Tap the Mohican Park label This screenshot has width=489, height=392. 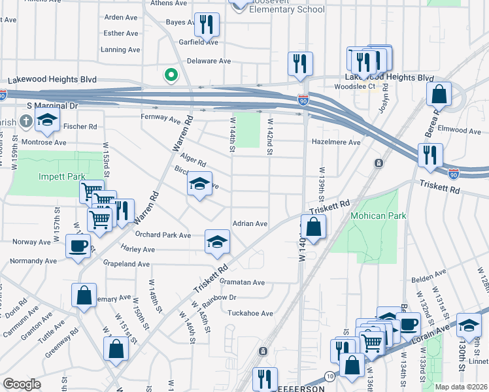[x=379, y=216]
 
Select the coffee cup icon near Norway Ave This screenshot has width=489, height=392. [x=78, y=246]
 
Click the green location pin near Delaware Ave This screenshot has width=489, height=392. [x=171, y=76]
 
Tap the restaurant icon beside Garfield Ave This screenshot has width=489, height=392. [x=207, y=25]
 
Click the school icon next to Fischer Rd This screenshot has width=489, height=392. [x=47, y=120]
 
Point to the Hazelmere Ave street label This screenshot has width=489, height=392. [x=337, y=142]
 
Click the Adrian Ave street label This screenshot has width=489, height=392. [x=250, y=223]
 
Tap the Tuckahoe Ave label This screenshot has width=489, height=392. [x=250, y=313]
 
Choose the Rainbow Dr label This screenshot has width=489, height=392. [x=219, y=297]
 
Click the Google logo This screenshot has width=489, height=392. [x=22, y=384]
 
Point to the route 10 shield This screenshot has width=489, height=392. [x=329, y=378]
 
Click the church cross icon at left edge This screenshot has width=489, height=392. [x=25, y=121]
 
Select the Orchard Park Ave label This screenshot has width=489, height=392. [x=163, y=235]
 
